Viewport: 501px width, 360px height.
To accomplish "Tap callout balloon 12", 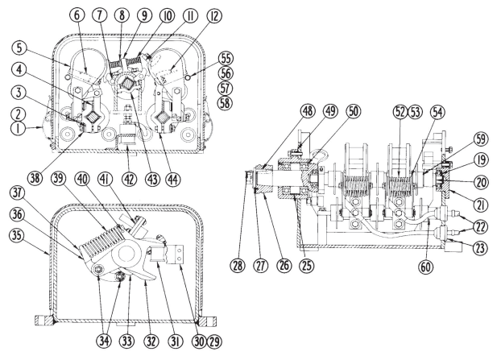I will pyautogui.click(x=205, y=16).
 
